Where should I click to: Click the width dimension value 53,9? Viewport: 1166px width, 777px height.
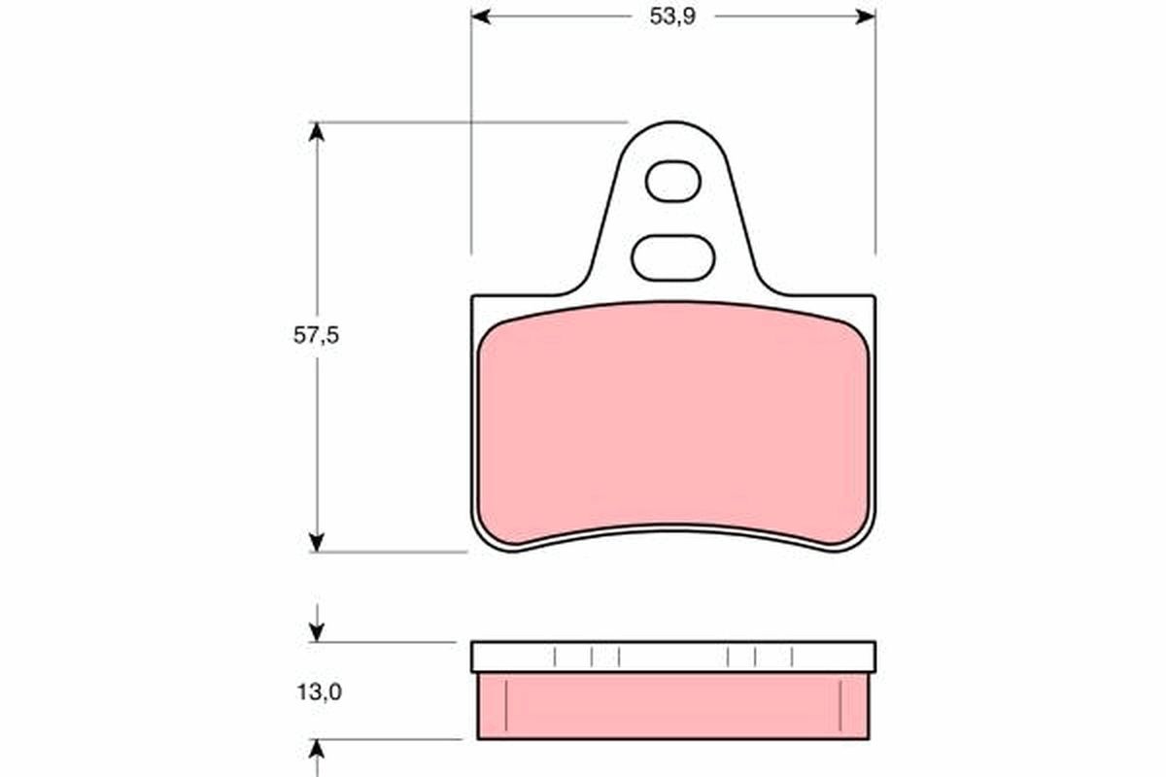(672, 17)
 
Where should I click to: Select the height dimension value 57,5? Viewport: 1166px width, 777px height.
(316, 335)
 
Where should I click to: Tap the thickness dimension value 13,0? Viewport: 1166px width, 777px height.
(316, 693)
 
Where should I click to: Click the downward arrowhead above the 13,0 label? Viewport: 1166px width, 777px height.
(316, 632)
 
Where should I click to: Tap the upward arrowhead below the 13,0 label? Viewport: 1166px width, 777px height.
(316, 749)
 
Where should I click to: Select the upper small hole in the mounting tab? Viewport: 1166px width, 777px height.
(672, 182)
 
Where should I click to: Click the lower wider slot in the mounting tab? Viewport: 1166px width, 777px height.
(672, 257)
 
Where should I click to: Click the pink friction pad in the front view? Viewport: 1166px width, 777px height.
(672, 422)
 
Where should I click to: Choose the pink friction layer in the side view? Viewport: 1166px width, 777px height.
(672, 705)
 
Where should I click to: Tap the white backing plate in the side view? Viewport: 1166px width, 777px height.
(672, 657)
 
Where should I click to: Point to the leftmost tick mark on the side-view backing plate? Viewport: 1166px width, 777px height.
(555, 657)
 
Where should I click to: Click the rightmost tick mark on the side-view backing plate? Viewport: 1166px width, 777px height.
(792, 657)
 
